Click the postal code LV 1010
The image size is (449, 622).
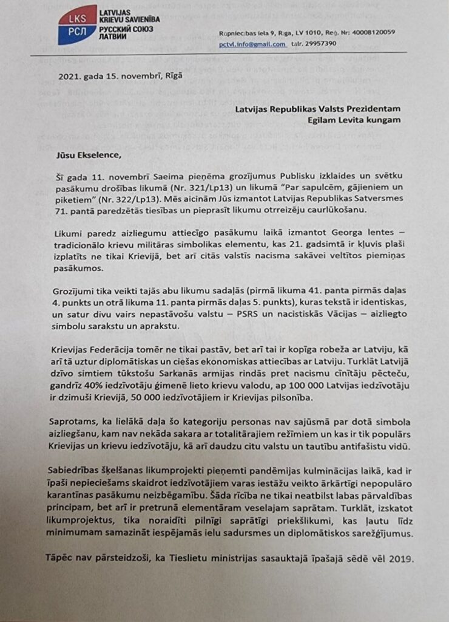[x=297, y=32]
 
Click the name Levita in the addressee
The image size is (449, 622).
[x=350, y=120]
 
